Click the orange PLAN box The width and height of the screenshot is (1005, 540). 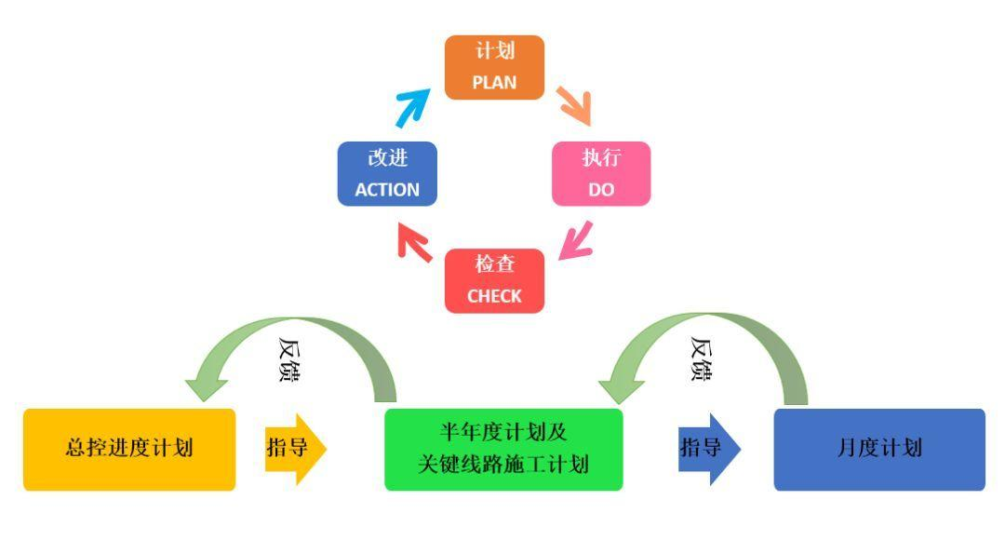click(x=493, y=66)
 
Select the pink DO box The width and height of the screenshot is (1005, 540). click(x=601, y=173)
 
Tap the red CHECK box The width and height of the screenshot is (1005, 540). click(x=493, y=281)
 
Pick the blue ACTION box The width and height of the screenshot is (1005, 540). click(x=387, y=173)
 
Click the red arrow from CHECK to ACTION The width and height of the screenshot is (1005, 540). click(x=413, y=244)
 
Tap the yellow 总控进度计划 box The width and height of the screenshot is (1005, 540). click(x=129, y=449)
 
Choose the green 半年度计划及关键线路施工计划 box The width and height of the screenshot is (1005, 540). click(x=503, y=449)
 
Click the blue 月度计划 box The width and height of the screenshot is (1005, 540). click(x=879, y=449)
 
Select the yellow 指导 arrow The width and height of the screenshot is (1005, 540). click(x=295, y=448)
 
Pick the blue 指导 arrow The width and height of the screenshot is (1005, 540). click(x=709, y=448)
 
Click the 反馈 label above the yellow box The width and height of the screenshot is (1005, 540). click(x=290, y=362)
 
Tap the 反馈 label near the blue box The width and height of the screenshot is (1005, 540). click(x=703, y=359)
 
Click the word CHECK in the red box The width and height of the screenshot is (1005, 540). click(x=493, y=296)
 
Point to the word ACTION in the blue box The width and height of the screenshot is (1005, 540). click(x=387, y=189)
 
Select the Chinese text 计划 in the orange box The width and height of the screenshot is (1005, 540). click(x=493, y=52)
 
